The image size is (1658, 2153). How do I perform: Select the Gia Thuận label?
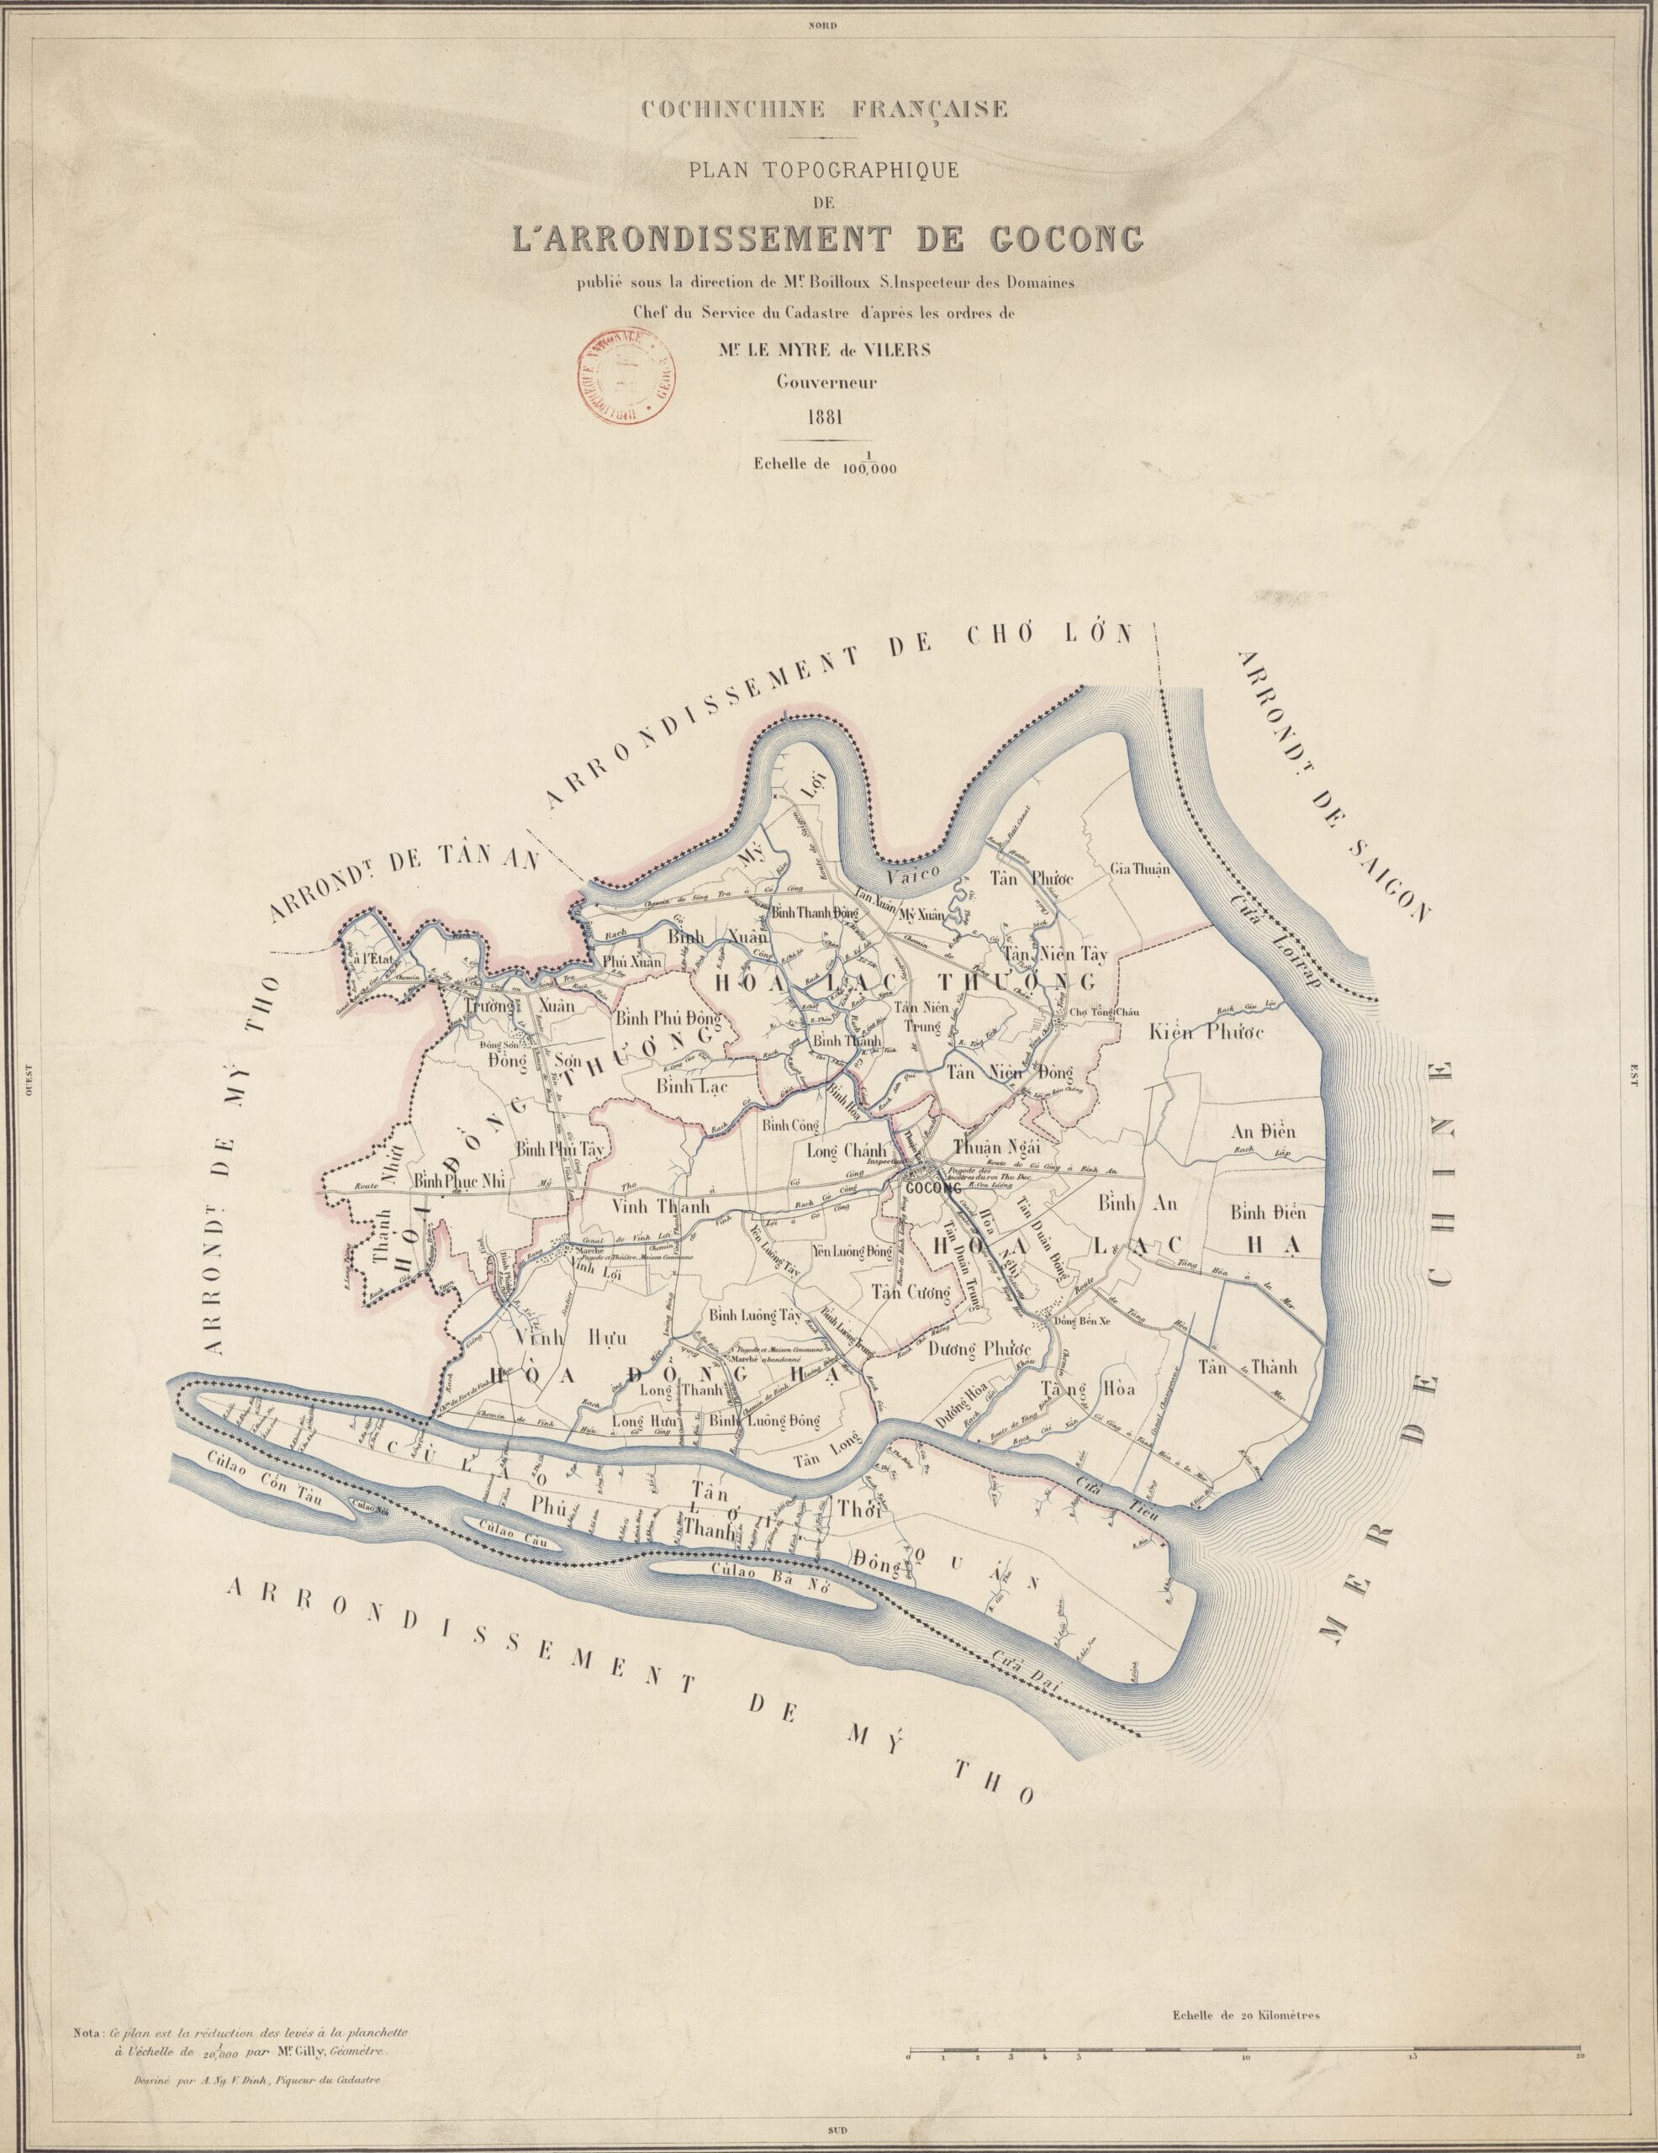pos(1139,869)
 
